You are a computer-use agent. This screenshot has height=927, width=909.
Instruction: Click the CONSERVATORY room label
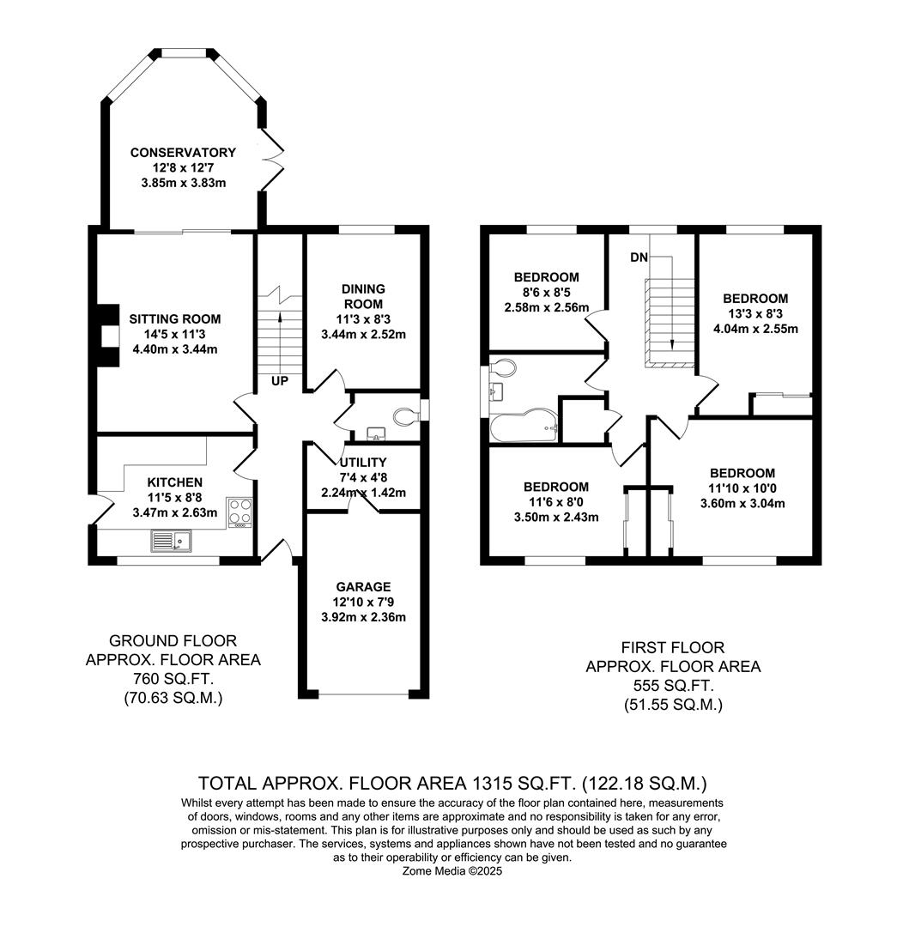pos(183,153)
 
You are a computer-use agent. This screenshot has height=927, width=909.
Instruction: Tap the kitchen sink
pos(171,541)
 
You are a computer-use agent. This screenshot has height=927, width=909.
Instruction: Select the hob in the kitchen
pos(240,512)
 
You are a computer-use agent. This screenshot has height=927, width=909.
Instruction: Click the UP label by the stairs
pos(280,381)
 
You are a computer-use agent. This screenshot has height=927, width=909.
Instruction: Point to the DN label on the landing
pos(639,257)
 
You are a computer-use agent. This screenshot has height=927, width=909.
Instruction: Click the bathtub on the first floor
pos(524,425)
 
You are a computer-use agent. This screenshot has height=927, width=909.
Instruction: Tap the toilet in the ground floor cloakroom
pos(405,416)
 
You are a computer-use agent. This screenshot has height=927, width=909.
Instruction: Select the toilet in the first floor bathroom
pos(503,367)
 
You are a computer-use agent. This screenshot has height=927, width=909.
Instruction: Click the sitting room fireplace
pos(107,336)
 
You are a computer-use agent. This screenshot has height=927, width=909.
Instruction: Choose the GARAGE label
pos(363,587)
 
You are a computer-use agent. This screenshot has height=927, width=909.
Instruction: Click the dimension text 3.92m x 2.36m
pos(363,617)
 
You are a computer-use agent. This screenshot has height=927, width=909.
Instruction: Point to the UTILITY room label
pos(363,463)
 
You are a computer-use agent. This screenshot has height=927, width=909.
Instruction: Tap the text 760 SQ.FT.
pos(173,679)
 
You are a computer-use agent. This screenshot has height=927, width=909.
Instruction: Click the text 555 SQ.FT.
pos(673,686)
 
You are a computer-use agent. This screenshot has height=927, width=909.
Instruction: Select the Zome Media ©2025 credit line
pos(452,871)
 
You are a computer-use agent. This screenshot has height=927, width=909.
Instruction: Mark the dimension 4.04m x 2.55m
pos(755,329)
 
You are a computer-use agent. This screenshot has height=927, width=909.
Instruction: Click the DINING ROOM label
pos(363,296)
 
